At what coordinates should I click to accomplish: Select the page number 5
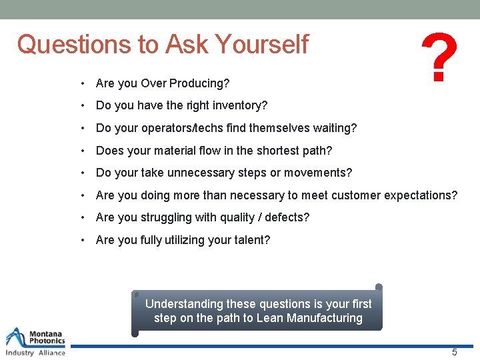(455, 352)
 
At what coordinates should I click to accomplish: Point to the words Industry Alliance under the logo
(35, 353)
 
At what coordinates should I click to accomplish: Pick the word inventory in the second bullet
(237, 105)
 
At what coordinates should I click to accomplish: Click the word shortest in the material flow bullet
(271, 151)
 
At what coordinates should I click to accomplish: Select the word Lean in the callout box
(269, 318)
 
